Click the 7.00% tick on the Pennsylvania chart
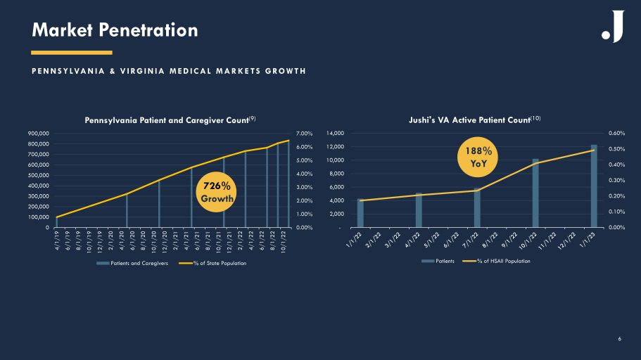305,133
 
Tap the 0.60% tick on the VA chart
616,133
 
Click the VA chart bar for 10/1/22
535,193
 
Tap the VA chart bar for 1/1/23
594,186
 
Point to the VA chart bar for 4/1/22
419,210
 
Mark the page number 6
619,339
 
